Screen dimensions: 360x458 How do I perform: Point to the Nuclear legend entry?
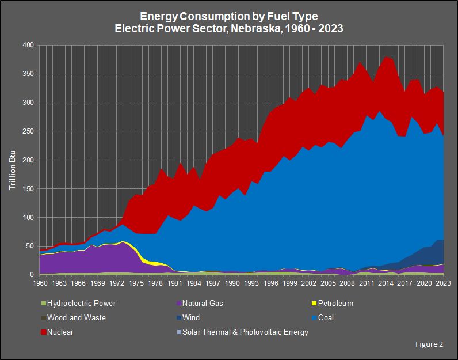(x=60, y=332)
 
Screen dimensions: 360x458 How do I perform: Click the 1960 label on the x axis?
(x=40, y=283)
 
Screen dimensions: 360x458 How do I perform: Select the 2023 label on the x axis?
(x=442, y=283)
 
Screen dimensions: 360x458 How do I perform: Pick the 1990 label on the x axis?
(x=232, y=283)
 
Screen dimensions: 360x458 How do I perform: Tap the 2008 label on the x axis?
(x=347, y=283)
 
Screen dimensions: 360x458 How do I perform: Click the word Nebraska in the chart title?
(x=255, y=28)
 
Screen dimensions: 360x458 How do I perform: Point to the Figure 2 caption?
(x=429, y=344)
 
